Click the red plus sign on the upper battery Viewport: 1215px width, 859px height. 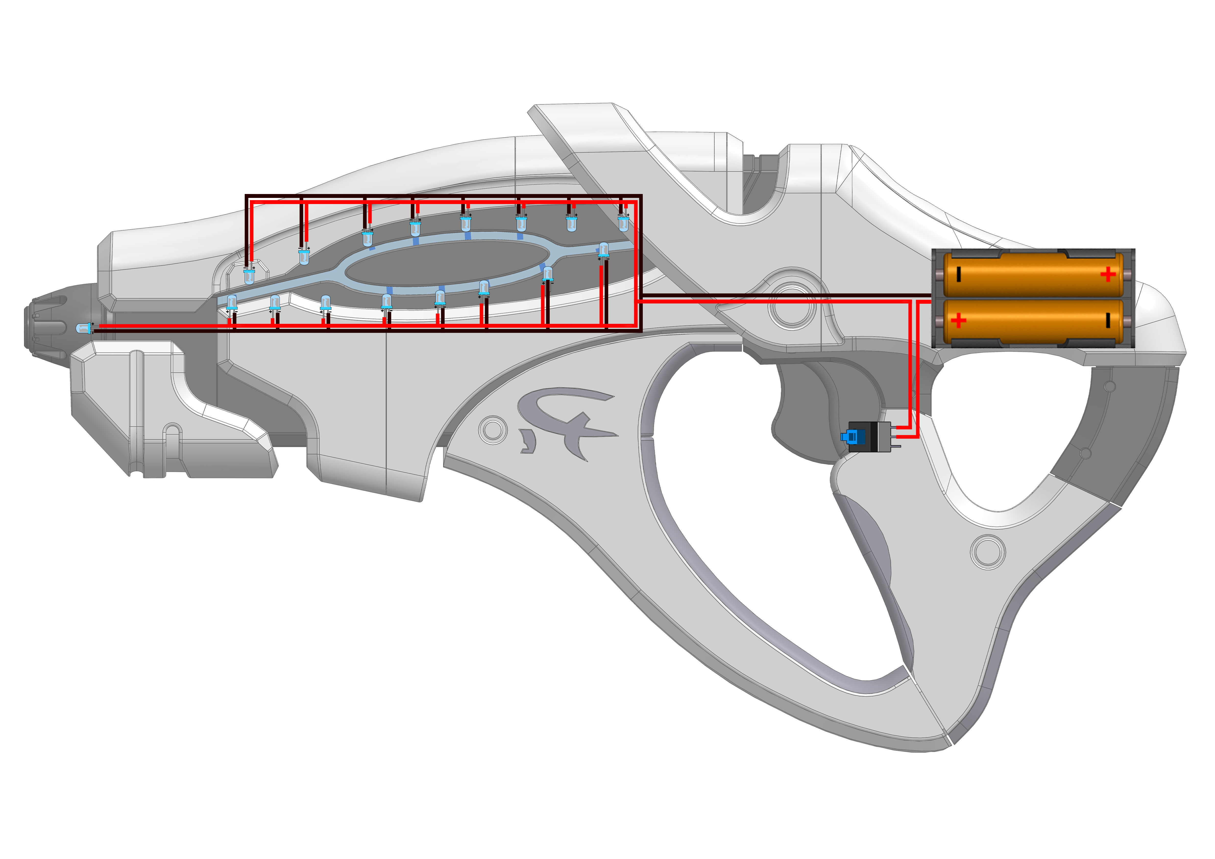point(1107,274)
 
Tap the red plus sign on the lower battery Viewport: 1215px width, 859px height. point(958,320)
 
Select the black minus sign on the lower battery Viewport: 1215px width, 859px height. point(1107,320)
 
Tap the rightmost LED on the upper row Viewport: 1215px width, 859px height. point(623,222)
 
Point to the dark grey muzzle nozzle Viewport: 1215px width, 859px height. point(50,323)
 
